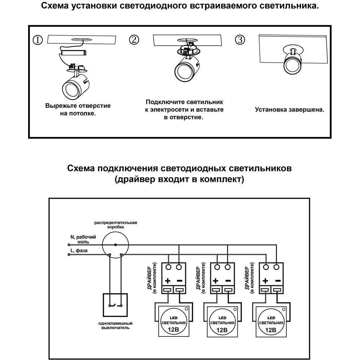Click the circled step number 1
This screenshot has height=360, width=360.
tap(38, 40)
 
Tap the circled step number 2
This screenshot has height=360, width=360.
tap(134, 40)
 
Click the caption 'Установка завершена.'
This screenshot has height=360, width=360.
tap(289, 110)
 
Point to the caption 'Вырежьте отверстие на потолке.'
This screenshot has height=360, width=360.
tap(78, 109)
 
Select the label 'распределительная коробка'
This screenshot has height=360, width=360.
tap(115, 225)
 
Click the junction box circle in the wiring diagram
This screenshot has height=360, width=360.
tap(115, 244)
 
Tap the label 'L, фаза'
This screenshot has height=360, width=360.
tap(79, 250)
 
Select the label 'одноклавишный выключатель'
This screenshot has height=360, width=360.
tap(115, 325)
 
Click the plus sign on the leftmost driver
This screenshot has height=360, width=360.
tap(167, 280)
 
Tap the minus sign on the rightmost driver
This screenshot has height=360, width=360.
tap(278, 280)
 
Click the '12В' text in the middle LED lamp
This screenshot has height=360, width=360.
tap(222, 330)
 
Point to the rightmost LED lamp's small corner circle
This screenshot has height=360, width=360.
tap(284, 309)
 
